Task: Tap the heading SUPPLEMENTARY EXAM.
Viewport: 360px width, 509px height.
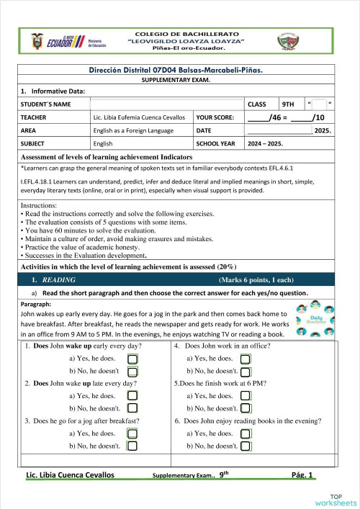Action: (180, 81)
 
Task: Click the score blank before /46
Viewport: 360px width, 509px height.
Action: (257, 117)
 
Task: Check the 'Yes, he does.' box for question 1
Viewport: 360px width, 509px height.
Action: (132, 358)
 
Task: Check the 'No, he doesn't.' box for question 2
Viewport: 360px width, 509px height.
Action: (132, 408)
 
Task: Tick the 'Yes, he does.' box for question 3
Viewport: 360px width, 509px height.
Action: (132, 433)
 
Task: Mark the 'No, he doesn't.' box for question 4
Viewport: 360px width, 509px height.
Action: (246, 371)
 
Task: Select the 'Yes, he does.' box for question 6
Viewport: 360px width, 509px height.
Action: (246, 433)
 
